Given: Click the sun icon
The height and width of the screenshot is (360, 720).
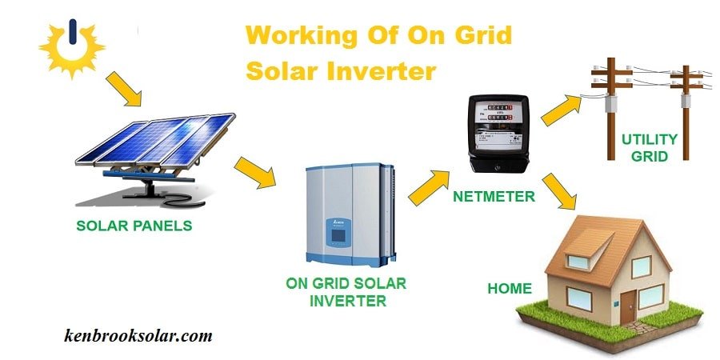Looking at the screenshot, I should coord(72,46).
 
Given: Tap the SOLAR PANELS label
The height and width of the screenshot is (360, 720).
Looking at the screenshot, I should coord(134,226).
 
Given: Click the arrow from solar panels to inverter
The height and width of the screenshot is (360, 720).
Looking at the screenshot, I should coord(254,172).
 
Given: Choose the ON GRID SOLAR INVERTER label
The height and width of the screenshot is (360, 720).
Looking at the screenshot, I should coord(346,293).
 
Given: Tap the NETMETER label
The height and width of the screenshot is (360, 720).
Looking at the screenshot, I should coord(495,196).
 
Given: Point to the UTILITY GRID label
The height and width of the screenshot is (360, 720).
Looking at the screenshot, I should coord(650,147).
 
